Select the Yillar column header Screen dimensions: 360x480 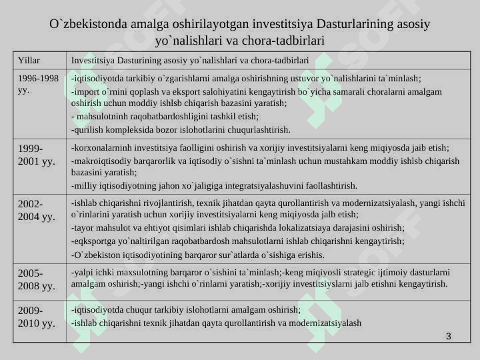click(x=29, y=60)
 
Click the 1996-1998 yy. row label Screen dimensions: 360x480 click(x=38, y=83)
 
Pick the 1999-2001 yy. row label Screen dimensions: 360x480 click(x=36, y=154)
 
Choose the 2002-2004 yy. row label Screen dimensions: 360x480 click(x=36, y=210)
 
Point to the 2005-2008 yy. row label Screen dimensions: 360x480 click(x=36, y=279)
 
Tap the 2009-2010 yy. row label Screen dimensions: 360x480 click(x=36, y=317)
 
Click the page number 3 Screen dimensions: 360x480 click(x=449, y=335)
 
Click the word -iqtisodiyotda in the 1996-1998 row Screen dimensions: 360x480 click(x=96, y=78)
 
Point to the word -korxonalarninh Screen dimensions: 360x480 click(x=100, y=147)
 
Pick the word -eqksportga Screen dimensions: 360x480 click(x=93, y=241)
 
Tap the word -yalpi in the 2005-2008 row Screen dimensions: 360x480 click(x=81, y=272)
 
